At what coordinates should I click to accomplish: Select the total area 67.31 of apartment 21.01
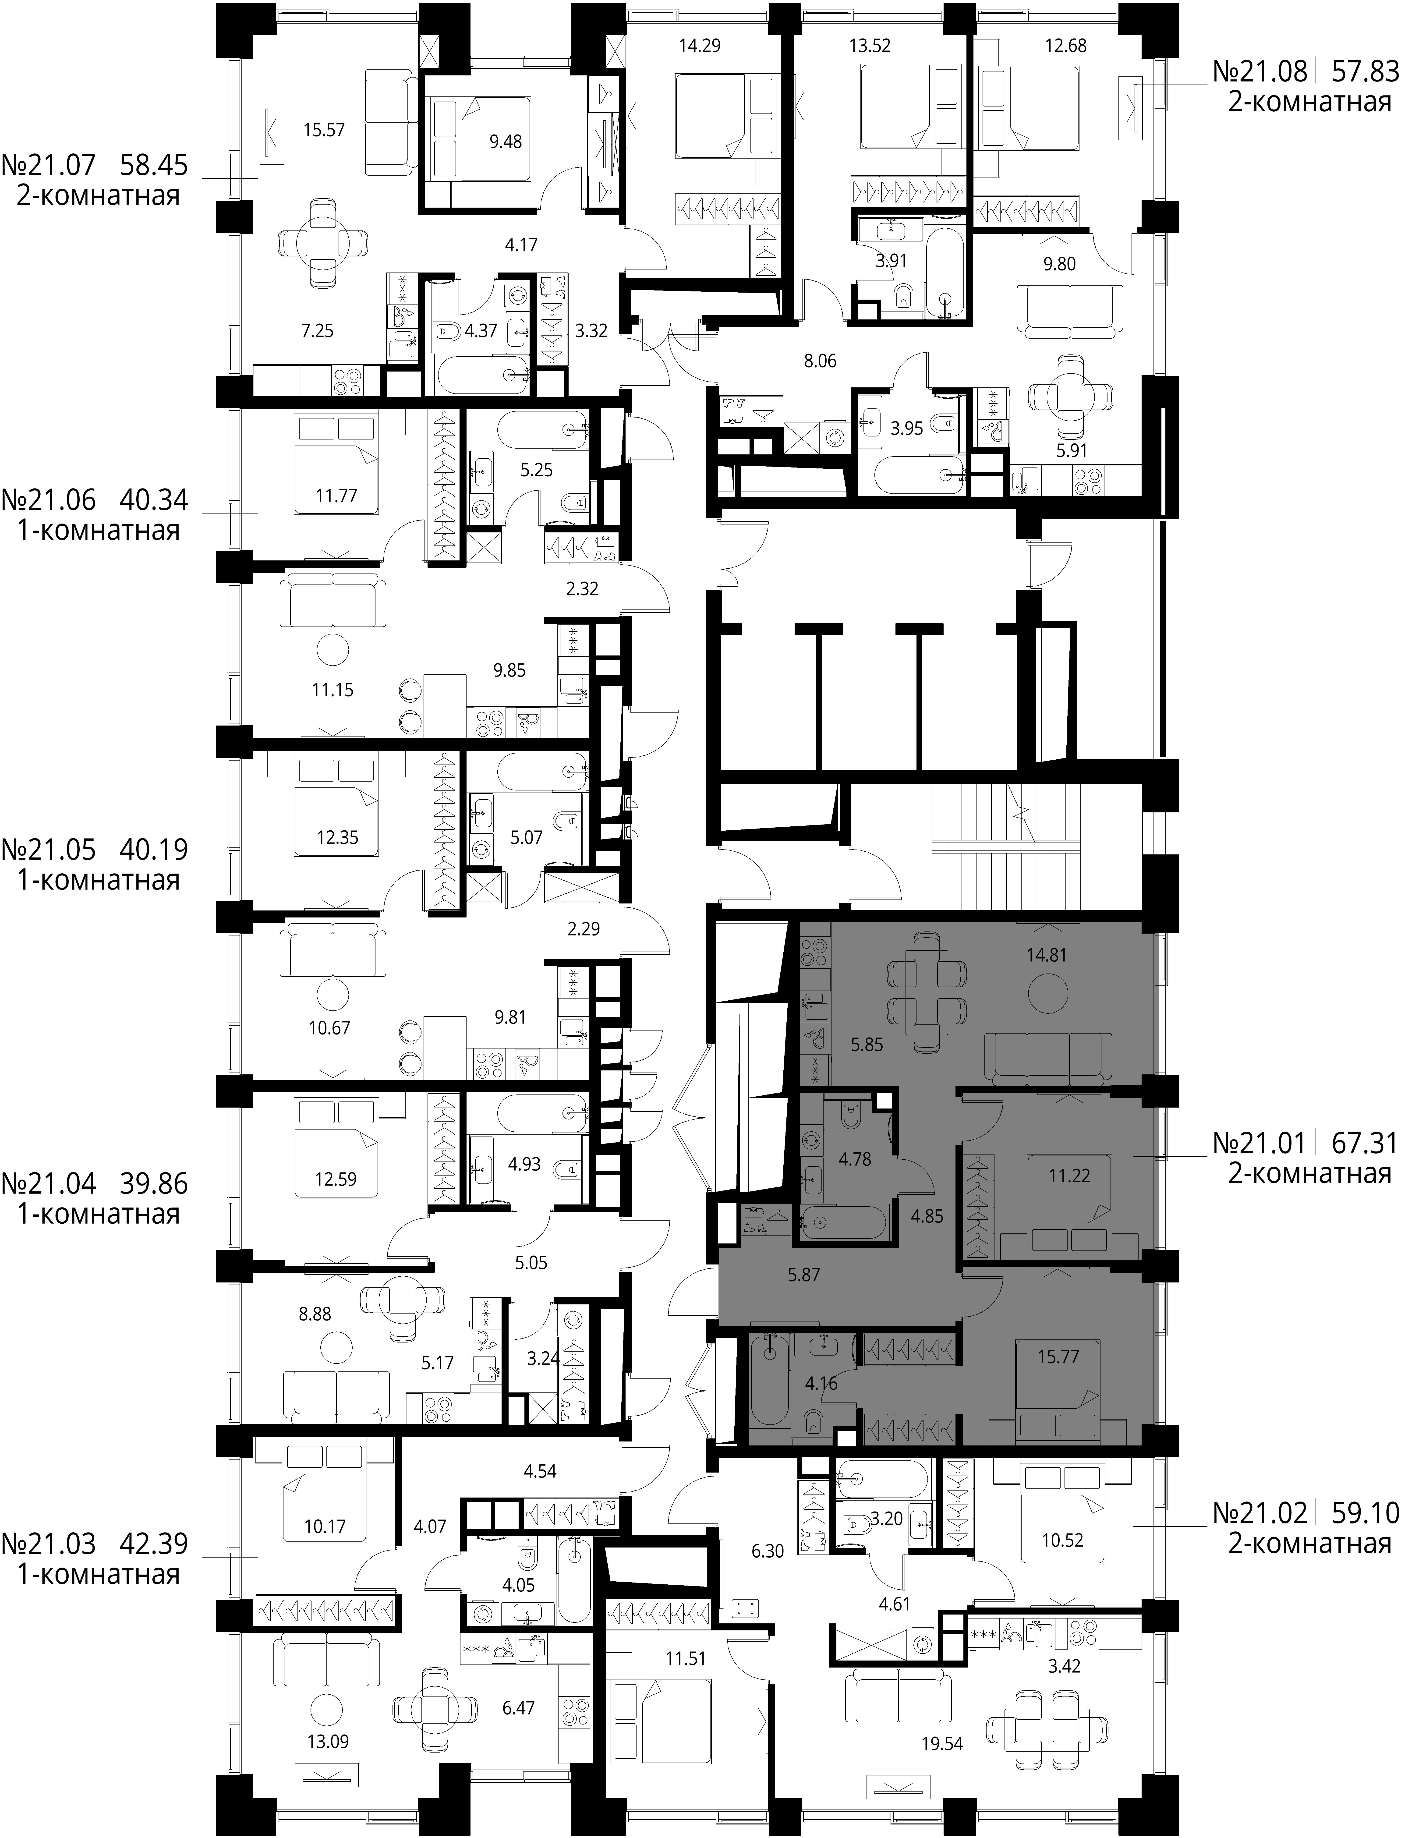pyautogui.click(x=1364, y=1143)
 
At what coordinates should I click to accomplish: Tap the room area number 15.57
pyautogui.click(x=324, y=130)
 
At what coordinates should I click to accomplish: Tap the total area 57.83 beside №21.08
pyautogui.click(x=1364, y=72)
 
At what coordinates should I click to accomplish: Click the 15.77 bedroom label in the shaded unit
pyautogui.click(x=1058, y=1357)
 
